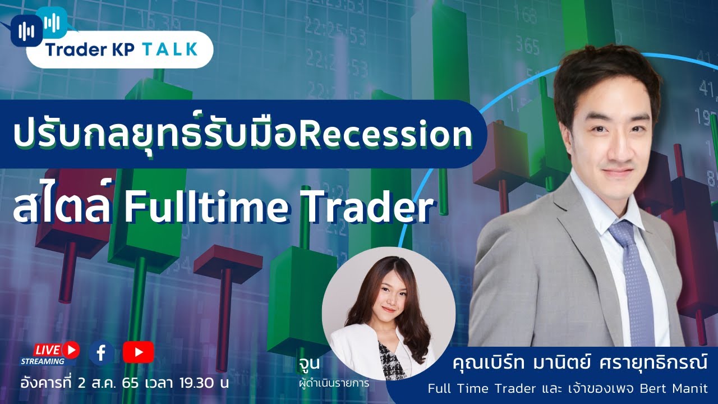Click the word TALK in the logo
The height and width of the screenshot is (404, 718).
pos(170,49)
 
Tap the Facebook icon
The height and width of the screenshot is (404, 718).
pos(102,352)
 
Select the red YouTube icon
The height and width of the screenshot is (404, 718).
pos(138,352)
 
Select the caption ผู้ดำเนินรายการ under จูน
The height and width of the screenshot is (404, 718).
pos(334,384)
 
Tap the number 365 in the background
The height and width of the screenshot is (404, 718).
pos(528,44)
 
